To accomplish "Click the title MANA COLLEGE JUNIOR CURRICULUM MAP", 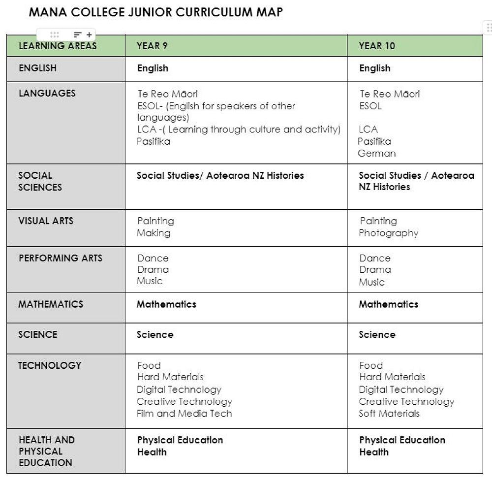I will tap(156, 12).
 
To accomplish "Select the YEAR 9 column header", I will tap(152, 46).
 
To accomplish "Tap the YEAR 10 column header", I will tap(377, 46).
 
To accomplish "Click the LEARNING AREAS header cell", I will tap(58, 46).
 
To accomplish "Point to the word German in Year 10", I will tap(377, 153).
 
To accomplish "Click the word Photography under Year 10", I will tap(389, 233).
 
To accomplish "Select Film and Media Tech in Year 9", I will tap(184, 414).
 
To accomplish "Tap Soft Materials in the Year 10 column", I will tap(389, 414).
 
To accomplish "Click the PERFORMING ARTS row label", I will tap(61, 258).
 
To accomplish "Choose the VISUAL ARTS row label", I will tap(46, 221).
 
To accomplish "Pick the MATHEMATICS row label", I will tap(51, 304).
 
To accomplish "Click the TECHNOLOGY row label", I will tap(50, 365).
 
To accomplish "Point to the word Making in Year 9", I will tap(154, 233).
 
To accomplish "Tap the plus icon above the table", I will tap(89, 35).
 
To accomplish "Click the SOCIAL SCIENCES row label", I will tap(40, 181).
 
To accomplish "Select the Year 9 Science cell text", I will tap(155, 335).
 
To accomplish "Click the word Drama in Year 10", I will tap(375, 270).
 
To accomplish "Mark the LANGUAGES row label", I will tap(47, 93).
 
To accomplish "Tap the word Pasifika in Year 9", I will tap(154, 141).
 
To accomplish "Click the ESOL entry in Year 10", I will tap(370, 106).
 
